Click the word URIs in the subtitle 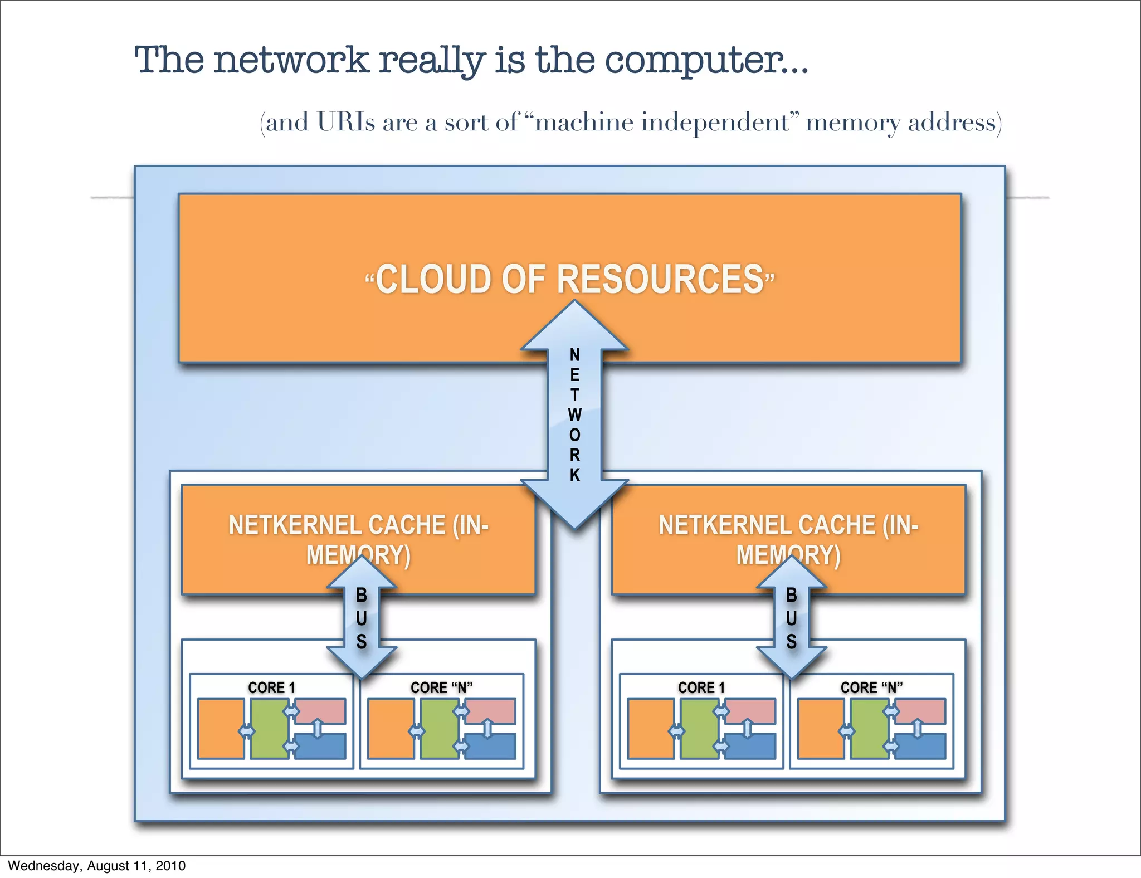click(346, 122)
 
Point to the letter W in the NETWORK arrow click(575, 414)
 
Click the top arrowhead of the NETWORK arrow click(575, 326)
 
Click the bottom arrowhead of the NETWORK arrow click(575, 504)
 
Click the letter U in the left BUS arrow click(362, 618)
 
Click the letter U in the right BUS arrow click(792, 618)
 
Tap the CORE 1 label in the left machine click(271, 687)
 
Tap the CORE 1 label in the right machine click(701, 687)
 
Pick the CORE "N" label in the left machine click(441, 687)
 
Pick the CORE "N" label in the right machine click(871, 687)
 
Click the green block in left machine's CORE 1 click(269, 729)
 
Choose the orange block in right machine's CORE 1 click(651, 729)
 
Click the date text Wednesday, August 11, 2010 click(96, 866)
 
